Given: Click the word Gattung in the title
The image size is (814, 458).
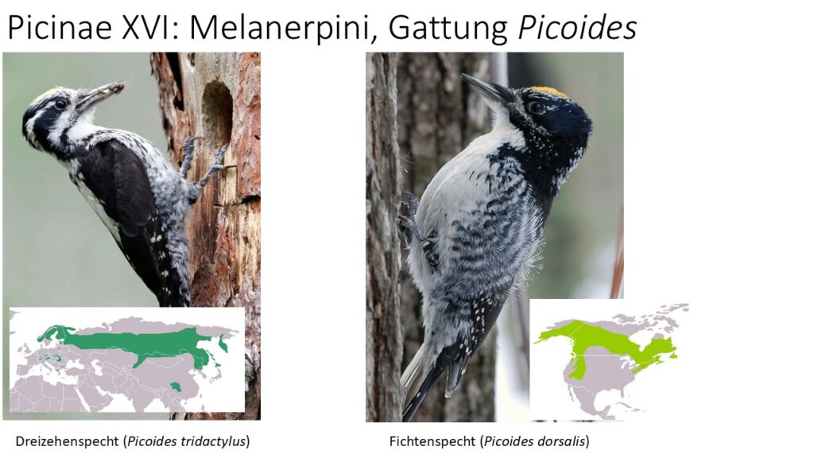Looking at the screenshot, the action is click(448, 28).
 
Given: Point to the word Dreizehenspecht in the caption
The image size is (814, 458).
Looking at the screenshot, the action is click(68, 442).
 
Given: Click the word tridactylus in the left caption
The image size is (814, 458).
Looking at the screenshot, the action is click(213, 442).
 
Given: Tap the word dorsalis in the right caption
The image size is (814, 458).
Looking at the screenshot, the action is click(560, 442).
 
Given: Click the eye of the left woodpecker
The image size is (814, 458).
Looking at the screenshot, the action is click(61, 104).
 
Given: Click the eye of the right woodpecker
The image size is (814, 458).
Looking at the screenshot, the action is click(537, 108).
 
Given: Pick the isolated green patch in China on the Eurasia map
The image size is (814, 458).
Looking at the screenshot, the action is click(176, 386).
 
